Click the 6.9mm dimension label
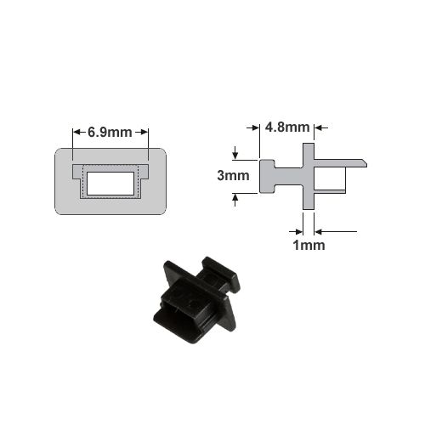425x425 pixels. [x=110, y=133]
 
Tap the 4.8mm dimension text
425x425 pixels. [x=287, y=127]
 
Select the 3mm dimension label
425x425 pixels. [x=233, y=176]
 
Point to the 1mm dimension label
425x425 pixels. [x=309, y=246]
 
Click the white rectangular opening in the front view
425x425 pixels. [x=110, y=184]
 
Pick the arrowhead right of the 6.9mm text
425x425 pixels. [x=144, y=132]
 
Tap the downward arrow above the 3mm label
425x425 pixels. [x=235, y=153]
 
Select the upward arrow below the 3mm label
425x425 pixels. [x=235, y=200]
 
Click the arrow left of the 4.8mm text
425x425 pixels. [x=253, y=128]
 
